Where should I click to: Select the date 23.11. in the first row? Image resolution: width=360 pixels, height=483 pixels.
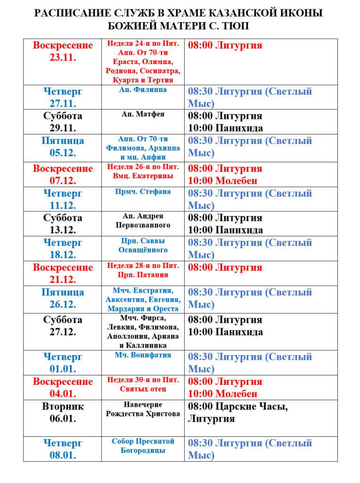pos(63,58)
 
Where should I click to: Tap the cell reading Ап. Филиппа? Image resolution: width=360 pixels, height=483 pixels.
pos(143,90)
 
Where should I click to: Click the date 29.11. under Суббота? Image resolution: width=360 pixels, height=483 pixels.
pos(63,128)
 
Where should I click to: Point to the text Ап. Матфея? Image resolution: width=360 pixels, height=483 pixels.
pos(143,114)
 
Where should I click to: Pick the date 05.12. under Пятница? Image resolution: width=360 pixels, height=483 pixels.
pos(63,152)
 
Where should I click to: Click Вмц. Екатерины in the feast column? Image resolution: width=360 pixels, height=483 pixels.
pos(143,175)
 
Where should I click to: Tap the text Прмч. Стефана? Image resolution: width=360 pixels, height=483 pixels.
pos(143,192)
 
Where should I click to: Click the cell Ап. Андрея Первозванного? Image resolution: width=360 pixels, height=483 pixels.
pos(143,221)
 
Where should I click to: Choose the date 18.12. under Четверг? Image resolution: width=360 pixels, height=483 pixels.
pos(63,255)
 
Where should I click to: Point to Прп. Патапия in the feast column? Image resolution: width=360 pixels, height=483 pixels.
pos(143,275)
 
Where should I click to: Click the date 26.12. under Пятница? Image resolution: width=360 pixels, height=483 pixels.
pos(63,304)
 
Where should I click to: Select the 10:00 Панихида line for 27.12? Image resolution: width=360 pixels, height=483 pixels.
pos(226,332)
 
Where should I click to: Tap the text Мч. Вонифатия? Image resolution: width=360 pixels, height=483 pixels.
pos(143,355)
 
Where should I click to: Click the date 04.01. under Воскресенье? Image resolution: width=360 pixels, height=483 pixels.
pos(63,393)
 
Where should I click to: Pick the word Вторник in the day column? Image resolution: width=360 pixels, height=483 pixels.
pos(63,406)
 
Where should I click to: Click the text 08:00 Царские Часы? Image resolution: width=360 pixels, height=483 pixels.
pos(238,406)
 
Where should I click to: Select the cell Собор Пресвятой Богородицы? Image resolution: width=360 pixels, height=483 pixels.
pos(143,446)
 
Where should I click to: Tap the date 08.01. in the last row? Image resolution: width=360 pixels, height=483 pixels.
pos(63,455)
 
